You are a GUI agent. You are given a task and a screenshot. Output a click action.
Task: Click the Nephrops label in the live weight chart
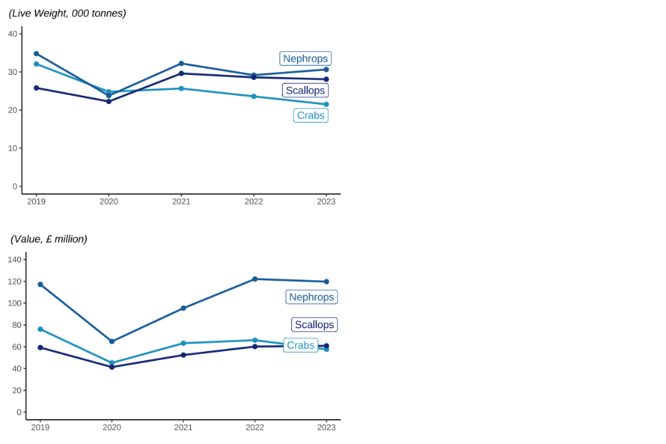pos(305,58)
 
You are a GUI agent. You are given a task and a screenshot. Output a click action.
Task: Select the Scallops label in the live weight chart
pos(305,90)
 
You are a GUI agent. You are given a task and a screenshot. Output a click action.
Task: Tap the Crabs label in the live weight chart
pos(311,115)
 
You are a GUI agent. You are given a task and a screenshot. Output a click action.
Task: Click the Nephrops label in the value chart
pos(311,297)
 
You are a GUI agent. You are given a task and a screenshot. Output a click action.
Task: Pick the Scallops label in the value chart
pos(314,325)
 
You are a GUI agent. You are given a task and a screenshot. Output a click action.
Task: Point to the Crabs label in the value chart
pos(300,345)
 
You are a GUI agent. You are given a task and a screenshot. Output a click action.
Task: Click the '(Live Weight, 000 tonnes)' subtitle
pos(67,13)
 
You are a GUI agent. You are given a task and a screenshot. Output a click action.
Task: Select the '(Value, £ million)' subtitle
pos(49,239)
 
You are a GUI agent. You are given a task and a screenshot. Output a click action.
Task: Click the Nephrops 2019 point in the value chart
pos(40,284)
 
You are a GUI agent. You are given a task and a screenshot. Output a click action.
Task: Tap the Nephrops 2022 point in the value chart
pos(255,279)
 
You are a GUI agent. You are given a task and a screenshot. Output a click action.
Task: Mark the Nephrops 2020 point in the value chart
pos(112,341)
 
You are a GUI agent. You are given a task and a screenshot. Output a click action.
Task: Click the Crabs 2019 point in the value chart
pos(40,329)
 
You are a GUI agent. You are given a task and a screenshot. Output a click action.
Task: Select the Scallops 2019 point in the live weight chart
pos(36,88)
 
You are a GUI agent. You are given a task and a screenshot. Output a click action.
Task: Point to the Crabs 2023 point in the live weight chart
pos(326,104)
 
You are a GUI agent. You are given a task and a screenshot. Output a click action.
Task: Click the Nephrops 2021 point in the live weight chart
pos(181,63)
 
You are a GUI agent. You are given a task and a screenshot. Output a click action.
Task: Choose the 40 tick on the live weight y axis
pos(12,34)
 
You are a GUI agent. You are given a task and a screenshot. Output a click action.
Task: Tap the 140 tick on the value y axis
pos(15,259)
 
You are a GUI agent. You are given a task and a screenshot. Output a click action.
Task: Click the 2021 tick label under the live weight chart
pos(181,201)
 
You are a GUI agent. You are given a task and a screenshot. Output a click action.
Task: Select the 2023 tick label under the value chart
pos(326,427)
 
